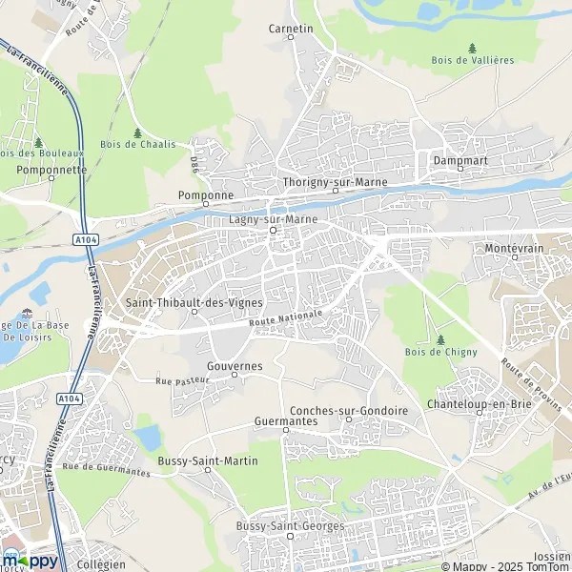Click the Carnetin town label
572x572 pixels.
click(x=292, y=29)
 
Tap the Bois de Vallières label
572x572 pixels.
click(x=473, y=60)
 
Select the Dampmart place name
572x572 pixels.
click(x=460, y=161)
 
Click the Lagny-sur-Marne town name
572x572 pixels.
click(x=273, y=218)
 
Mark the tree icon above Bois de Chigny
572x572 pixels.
click(x=439, y=338)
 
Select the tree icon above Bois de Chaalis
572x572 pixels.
click(x=138, y=132)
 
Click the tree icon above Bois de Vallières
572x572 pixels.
click(x=473, y=47)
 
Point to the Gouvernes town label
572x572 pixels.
click(x=234, y=365)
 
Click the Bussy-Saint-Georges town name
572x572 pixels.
click(x=290, y=526)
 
